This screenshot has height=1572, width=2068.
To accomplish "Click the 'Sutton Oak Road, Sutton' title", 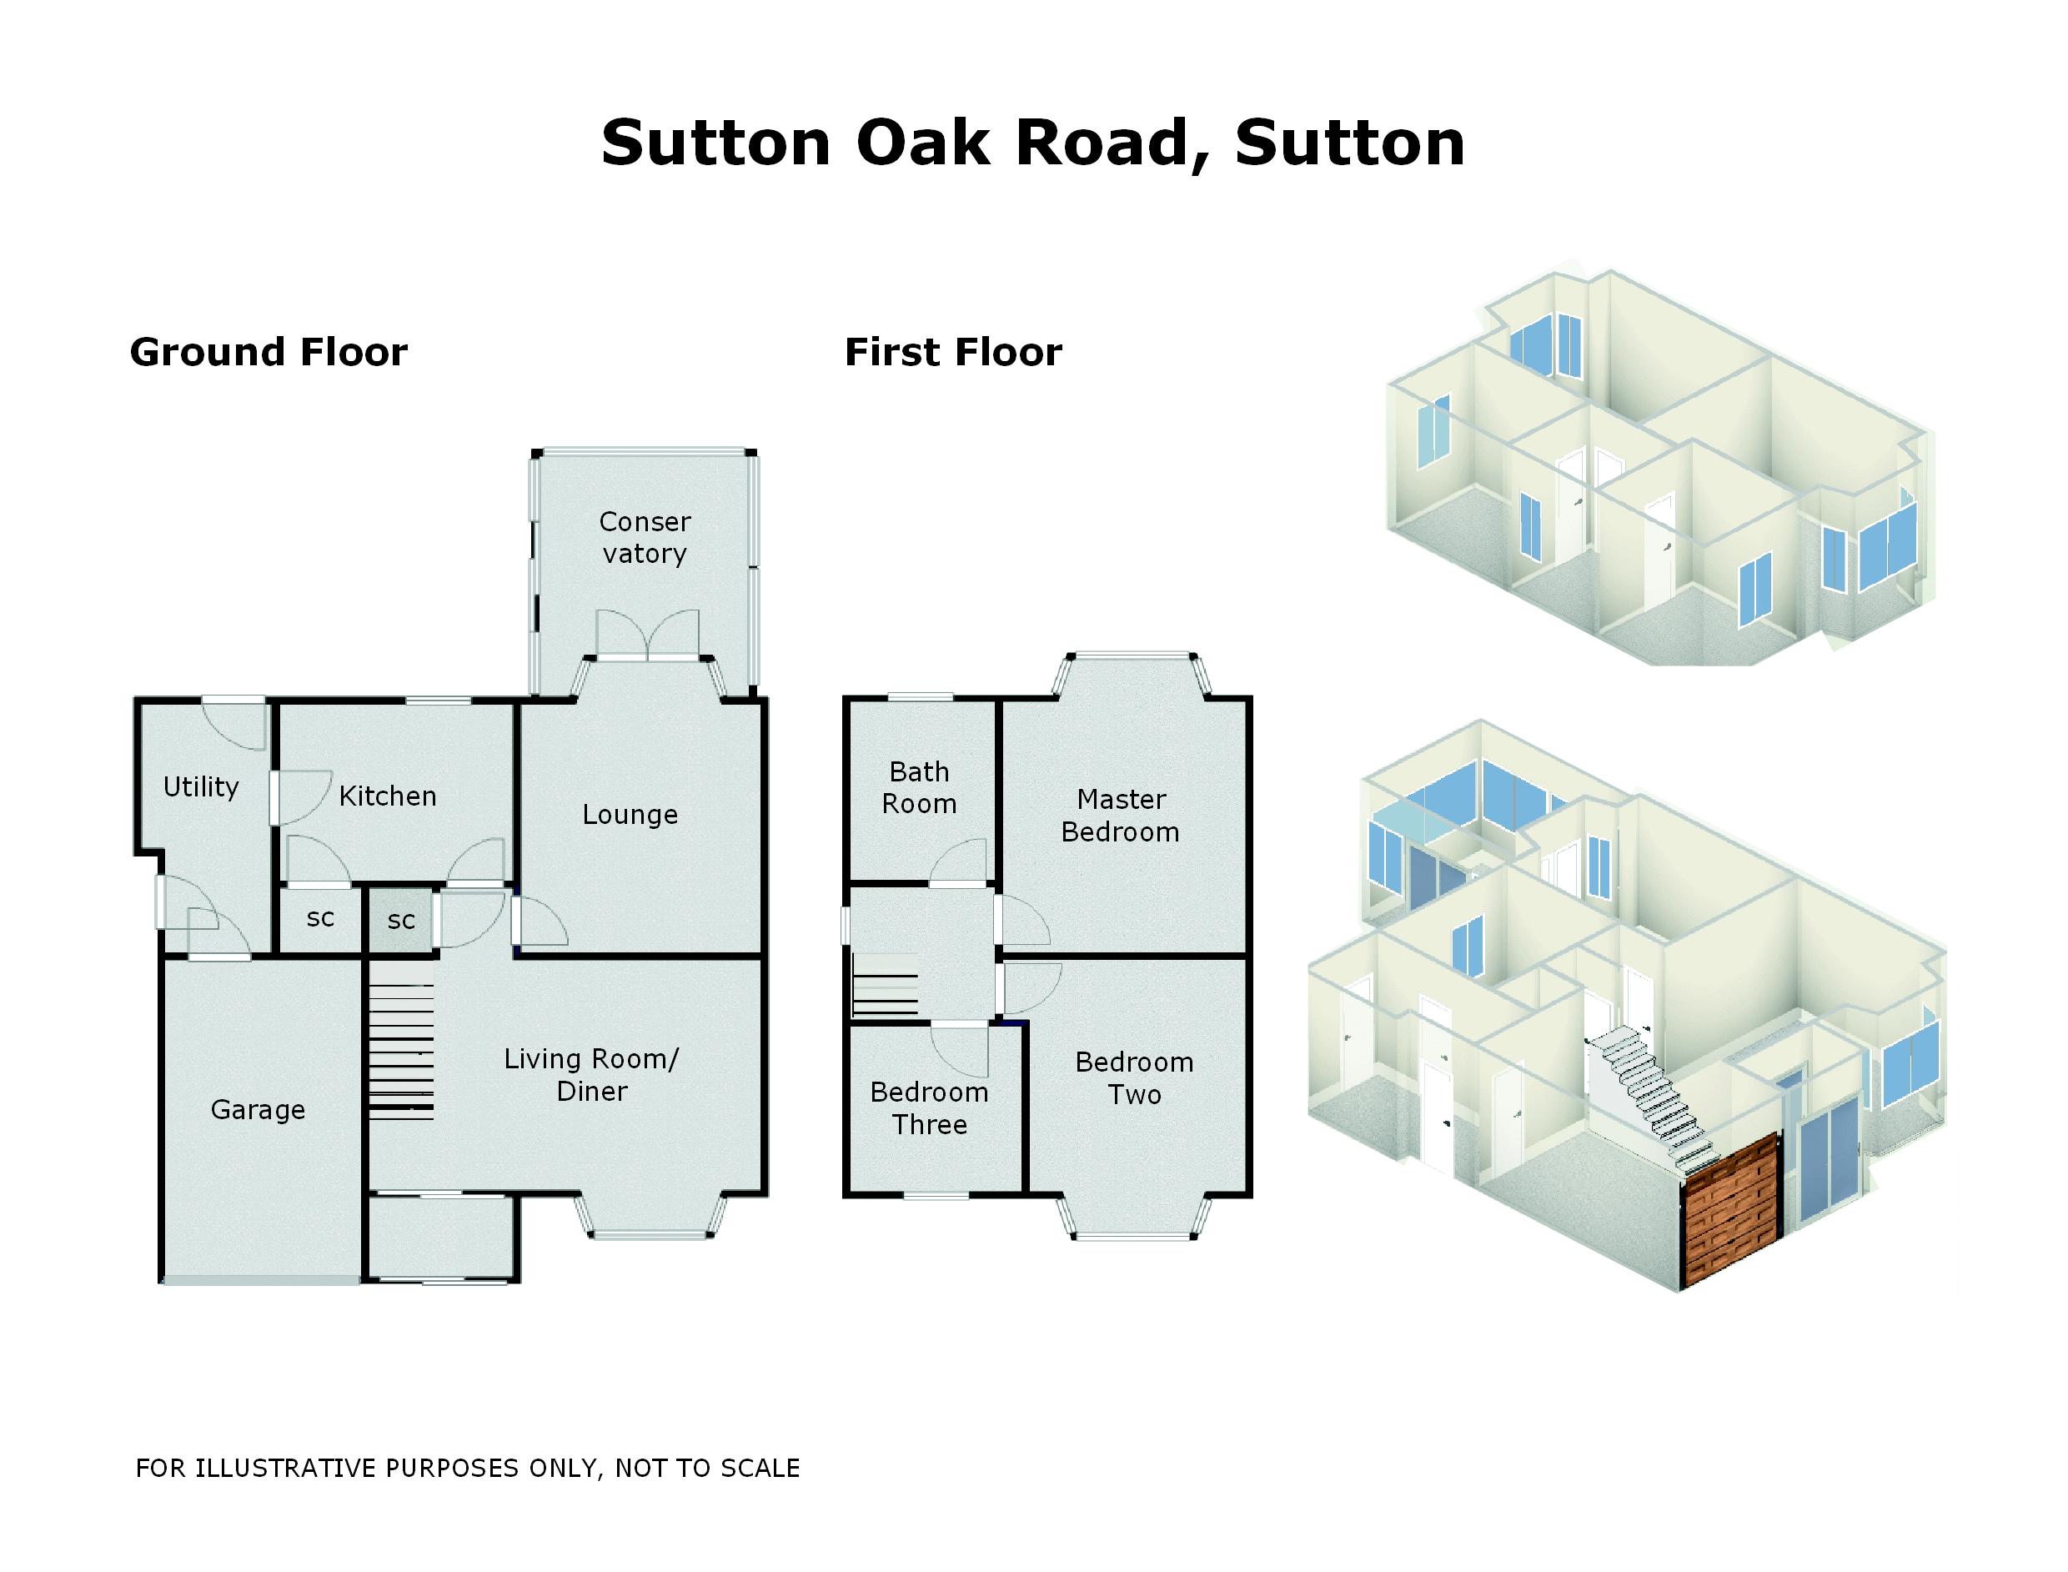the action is [x=1032, y=143].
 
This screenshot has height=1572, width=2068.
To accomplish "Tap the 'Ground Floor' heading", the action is [x=269, y=352].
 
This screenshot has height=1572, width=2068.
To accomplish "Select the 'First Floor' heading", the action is [x=952, y=352].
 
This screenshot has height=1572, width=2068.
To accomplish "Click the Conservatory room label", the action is [x=645, y=537].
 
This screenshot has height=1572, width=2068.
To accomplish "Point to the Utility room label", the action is [x=200, y=787].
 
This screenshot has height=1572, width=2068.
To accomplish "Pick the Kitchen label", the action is [x=388, y=796].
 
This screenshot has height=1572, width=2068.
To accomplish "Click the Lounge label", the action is [x=630, y=814].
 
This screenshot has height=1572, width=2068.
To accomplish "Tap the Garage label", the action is [x=258, y=1110].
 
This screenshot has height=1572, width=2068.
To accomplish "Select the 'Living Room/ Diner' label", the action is [x=591, y=1075].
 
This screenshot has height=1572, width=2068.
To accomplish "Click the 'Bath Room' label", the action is [x=919, y=788].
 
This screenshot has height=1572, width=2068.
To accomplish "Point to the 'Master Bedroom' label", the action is [x=1120, y=816].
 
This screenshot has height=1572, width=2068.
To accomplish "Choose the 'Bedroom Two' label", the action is [x=1134, y=1078].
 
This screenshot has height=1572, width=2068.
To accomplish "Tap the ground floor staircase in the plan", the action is [x=401, y=1042].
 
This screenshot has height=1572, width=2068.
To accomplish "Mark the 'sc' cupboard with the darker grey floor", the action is [x=400, y=922].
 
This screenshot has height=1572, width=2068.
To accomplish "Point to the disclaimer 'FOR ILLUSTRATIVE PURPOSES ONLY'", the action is [x=468, y=1468].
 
